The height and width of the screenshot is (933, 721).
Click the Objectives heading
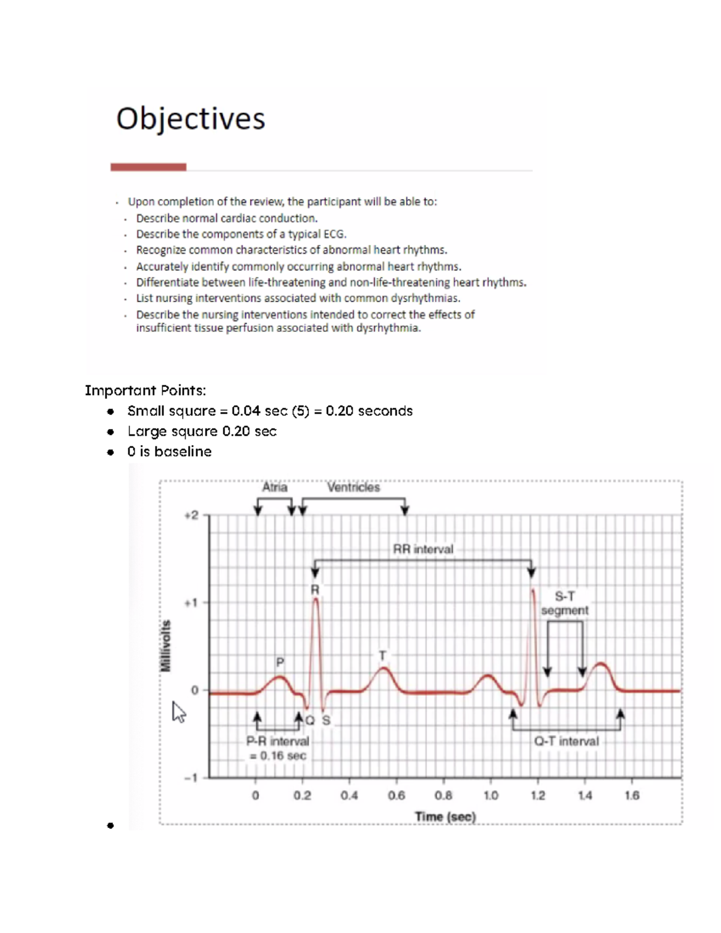coord(190,118)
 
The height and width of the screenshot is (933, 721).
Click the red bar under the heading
coord(148,167)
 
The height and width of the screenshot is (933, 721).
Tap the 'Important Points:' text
coord(145,391)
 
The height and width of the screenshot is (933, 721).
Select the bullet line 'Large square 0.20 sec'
coord(202,431)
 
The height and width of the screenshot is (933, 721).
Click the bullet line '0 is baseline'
coord(169,452)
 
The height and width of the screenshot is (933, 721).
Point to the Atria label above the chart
coord(275,487)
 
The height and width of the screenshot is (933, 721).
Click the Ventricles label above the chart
coord(353,487)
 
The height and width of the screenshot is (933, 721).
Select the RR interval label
coord(423,549)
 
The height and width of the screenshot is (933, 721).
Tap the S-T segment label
coord(564,603)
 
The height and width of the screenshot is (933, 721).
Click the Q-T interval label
coord(567,741)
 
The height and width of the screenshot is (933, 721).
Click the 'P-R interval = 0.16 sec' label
coord(278,749)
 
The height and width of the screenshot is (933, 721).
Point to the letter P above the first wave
coord(280,662)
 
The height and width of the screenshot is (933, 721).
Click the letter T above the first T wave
coord(382,655)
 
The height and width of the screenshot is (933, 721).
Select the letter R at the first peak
coord(315,590)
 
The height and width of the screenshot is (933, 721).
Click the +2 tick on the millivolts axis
coord(191,515)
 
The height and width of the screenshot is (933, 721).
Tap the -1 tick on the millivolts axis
coord(190,778)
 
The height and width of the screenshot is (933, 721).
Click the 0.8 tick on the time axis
coord(443,795)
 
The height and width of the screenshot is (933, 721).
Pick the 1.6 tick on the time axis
coord(632,795)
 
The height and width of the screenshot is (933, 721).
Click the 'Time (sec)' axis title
coord(445,817)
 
